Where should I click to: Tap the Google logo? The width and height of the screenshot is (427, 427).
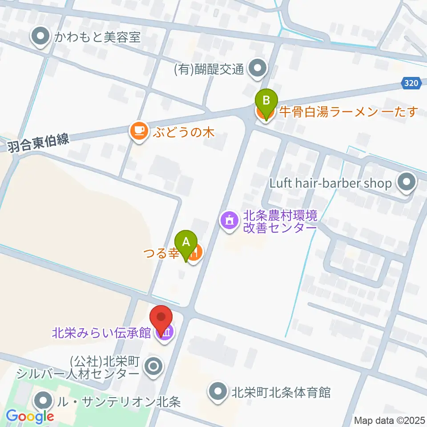[30, 416]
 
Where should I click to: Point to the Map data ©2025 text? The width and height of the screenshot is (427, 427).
[389, 420]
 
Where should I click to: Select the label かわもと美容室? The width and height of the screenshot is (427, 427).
[97, 37]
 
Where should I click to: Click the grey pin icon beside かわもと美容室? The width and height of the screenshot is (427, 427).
[41, 37]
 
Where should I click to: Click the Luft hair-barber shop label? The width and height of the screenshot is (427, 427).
[330, 183]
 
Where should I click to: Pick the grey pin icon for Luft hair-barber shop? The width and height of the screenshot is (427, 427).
[406, 183]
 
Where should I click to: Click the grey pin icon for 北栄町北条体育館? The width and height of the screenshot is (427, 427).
[218, 392]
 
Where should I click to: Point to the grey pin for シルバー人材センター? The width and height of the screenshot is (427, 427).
[154, 367]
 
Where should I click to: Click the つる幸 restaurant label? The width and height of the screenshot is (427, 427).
[161, 254]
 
